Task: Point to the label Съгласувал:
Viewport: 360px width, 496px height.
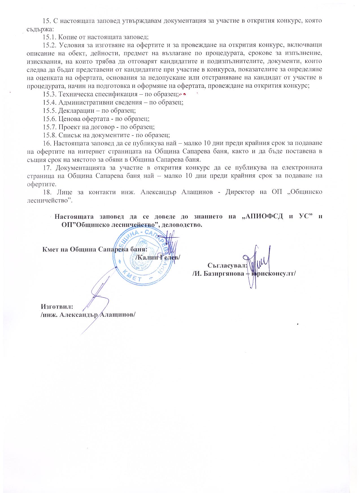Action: pyautogui.click(x=228, y=265)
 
